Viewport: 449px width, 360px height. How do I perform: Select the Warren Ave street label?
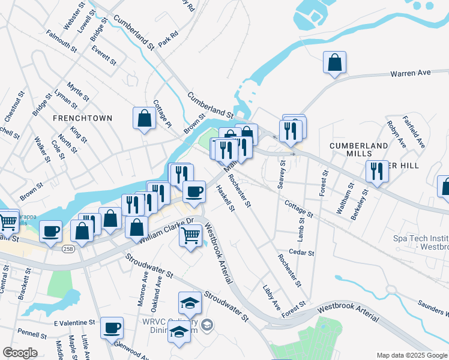[411, 73]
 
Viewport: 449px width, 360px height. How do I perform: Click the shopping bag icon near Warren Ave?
[335, 62]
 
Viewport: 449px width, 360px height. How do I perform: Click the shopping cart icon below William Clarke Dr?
[190, 235]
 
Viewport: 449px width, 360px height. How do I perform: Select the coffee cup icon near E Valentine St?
[112, 328]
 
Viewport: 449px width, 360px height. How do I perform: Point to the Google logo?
[20, 352]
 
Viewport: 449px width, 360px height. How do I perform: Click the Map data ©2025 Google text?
[411, 355]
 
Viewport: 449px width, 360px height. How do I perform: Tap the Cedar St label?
[301, 253]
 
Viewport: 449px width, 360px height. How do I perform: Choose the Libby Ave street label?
[271, 298]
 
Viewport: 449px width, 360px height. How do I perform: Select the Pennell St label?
[28, 332]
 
